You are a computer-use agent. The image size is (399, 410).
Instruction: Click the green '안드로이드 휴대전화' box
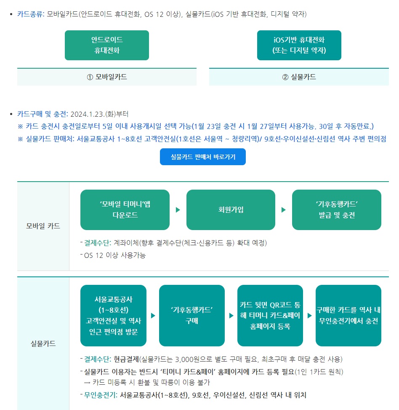coord(107,45)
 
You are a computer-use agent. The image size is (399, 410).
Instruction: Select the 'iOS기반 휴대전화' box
coord(299,45)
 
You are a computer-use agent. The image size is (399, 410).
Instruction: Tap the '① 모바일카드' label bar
coord(107,77)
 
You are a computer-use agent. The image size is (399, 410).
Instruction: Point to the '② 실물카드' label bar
coord(299,77)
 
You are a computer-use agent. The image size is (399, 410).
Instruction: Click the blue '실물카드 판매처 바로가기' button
coord(203,157)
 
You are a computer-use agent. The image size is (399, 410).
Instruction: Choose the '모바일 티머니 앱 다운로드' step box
coord(125,210)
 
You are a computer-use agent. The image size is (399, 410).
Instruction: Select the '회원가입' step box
coord(231,210)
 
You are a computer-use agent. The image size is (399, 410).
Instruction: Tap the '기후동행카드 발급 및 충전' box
coord(337,210)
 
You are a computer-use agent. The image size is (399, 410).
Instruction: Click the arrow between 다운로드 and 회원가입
coord(178,210)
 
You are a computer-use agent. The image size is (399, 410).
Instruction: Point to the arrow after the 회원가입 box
coord(284,210)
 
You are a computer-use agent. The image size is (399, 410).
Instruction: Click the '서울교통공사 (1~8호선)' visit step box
coord(113,315)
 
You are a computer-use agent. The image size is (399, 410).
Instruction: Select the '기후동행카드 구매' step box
coord(192,315)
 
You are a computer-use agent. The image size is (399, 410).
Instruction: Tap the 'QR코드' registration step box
coord(270,315)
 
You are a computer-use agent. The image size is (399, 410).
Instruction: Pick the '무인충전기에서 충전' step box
coord(348,315)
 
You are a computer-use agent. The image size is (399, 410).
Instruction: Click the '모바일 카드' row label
coord(43,226)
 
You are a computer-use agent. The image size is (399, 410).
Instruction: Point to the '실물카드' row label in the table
coord(43,343)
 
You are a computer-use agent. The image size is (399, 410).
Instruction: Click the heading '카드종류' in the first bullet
coord(30,14)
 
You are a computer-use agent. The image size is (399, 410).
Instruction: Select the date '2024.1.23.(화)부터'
coord(99,114)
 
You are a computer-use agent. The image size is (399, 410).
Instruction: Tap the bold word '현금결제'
coord(126,359)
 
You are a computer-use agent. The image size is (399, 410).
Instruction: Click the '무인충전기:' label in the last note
coord(101,395)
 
